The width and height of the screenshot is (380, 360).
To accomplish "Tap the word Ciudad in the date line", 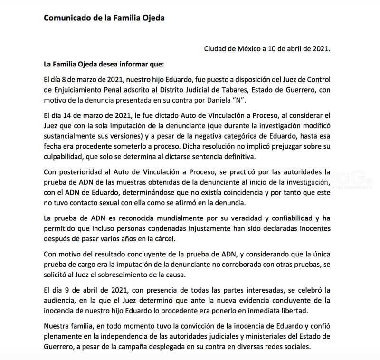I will [x=217, y=48].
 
